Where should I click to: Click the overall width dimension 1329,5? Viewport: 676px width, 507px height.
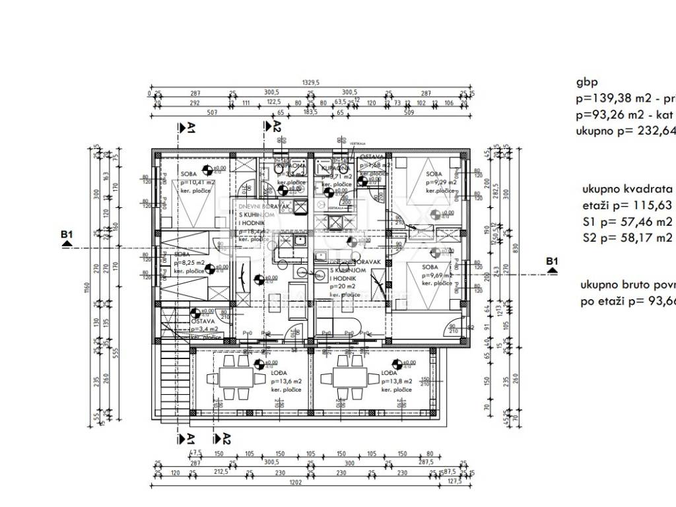[310, 83]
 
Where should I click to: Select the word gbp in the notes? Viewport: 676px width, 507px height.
[586, 83]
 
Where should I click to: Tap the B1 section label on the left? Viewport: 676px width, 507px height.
[67, 235]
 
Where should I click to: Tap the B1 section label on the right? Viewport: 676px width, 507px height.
[552, 262]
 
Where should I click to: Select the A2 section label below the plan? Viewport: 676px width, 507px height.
[226, 438]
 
